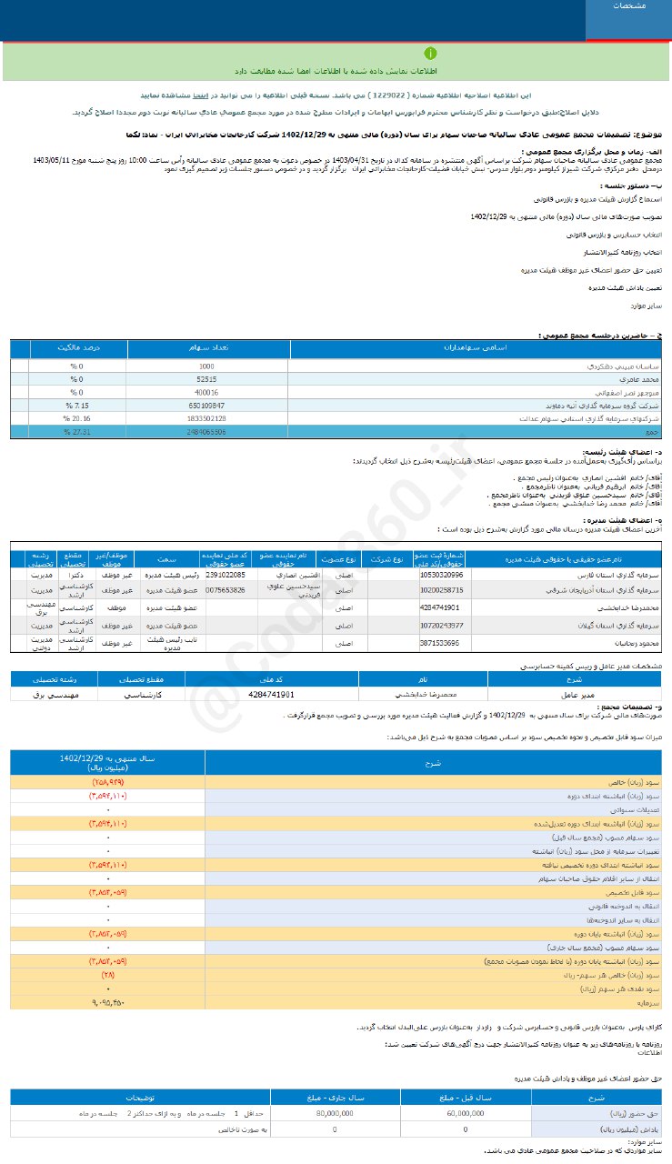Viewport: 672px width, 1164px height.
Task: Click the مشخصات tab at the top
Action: pyautogui.click(x=628, y=7)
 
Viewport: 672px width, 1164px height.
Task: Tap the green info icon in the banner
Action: pyautogui.click(x=431, y=54)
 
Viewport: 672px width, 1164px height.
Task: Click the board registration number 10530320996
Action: pyautogui.click(x=442, y=576)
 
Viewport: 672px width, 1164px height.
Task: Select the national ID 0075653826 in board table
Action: pyautogui.click(x=225, y=590)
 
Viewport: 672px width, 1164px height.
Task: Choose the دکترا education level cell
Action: pyautogui.click(x=75, y=576)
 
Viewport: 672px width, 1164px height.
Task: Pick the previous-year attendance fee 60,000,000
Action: pyautogui.click(x=466, y=1112)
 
